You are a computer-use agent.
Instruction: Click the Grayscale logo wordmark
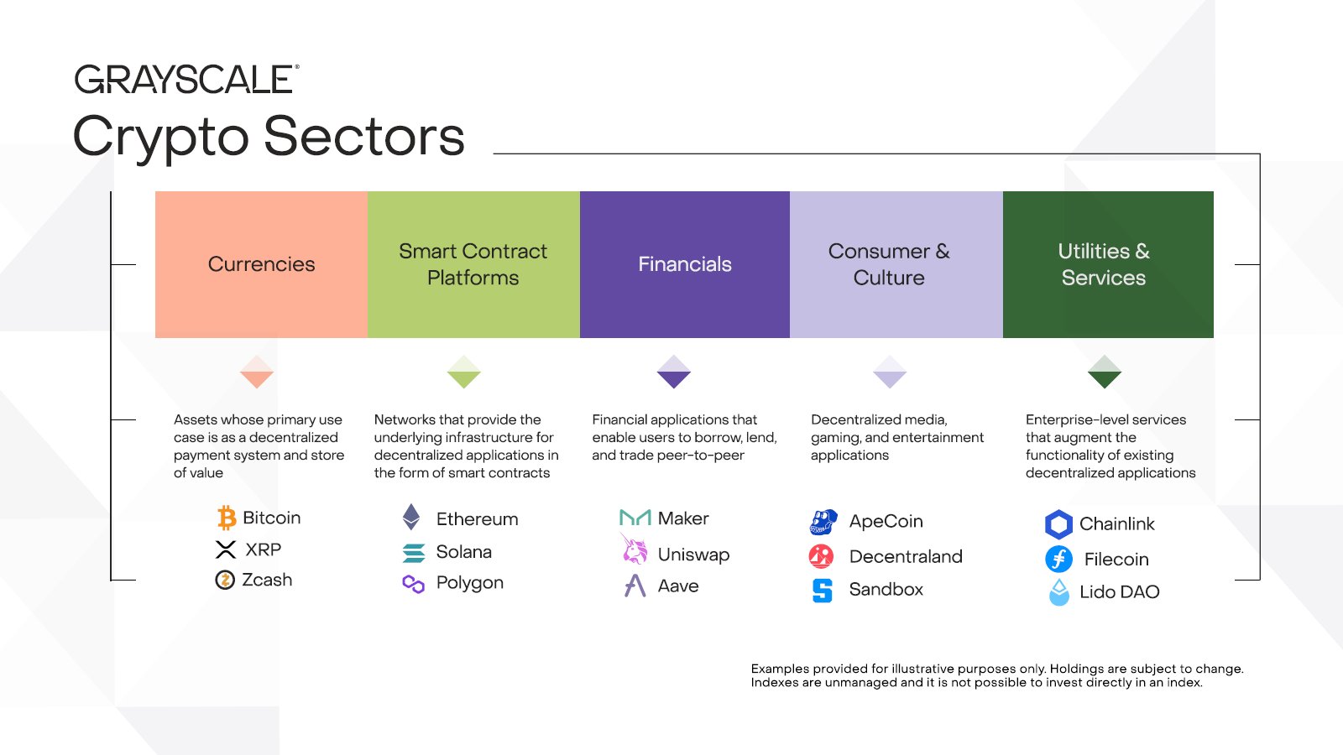pos(186,79)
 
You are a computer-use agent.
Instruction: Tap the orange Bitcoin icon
pos(227,518)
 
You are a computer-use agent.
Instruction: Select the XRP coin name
pos(264,549)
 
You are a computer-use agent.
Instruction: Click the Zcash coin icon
pos(225,580)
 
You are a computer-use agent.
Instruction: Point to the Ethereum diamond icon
pos(411,517)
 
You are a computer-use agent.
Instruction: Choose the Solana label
pos(464,552)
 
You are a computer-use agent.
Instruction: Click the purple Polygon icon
pos(413,584)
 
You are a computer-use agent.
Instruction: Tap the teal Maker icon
pos(635,518)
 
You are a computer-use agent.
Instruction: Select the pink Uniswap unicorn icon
pos(634,549)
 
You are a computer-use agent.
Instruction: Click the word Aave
pos(678,586)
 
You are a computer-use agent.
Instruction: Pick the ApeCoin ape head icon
pos(823,522)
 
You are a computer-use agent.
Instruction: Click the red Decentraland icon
pos(822,557)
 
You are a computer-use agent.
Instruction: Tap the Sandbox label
pos(886,590)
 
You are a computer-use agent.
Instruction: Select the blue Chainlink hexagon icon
pos(1058,524)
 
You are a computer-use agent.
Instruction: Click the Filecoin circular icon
pos(1058,559)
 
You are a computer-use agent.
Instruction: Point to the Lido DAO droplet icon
pos(1059,592)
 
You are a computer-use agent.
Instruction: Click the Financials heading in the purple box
pos(685,264)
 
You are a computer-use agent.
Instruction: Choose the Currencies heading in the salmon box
pos(261,264)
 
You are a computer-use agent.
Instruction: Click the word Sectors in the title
pos(364,136)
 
